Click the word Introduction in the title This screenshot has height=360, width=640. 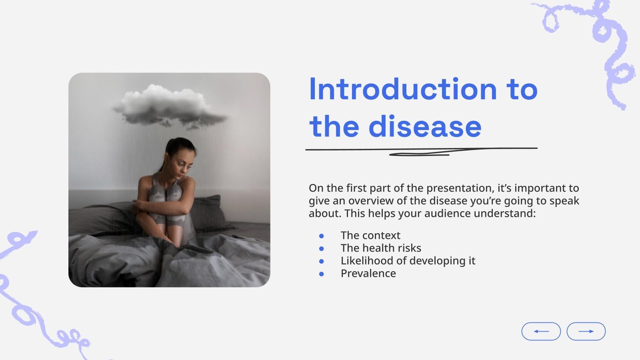tap(403, 89)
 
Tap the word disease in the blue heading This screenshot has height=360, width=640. tap(425, 126)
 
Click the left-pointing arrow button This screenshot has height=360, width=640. tap(541, 331)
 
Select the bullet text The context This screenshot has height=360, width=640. tap(370, 235)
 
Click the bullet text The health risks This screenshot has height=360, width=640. tap(381, 248)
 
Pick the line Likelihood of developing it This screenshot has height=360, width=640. tap(408, 261)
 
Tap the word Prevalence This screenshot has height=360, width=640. tap(368, 274)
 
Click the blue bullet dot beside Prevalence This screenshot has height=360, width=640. tap(322, 274)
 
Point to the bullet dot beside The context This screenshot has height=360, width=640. tap(322, 236)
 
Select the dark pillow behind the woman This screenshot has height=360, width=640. tap(210, 212)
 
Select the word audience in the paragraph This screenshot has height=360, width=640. tap(448, 214)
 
